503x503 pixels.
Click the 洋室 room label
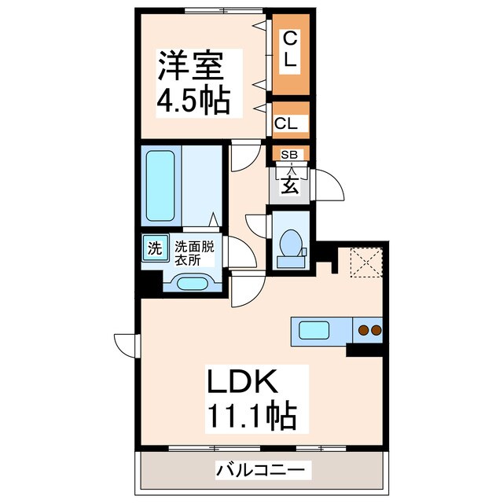click(193, 64)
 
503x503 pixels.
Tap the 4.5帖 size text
click(193, 101)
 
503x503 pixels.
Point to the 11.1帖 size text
click(251, 416)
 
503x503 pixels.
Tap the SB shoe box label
click(289, 155)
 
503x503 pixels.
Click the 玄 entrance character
click(289, 186)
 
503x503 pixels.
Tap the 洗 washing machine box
click(155, 249)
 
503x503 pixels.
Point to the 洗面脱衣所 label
click(197, 251)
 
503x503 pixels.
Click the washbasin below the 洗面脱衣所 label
click(193, 282)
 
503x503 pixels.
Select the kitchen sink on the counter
click(316, 330)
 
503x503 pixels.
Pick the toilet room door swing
click(256, 224)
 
